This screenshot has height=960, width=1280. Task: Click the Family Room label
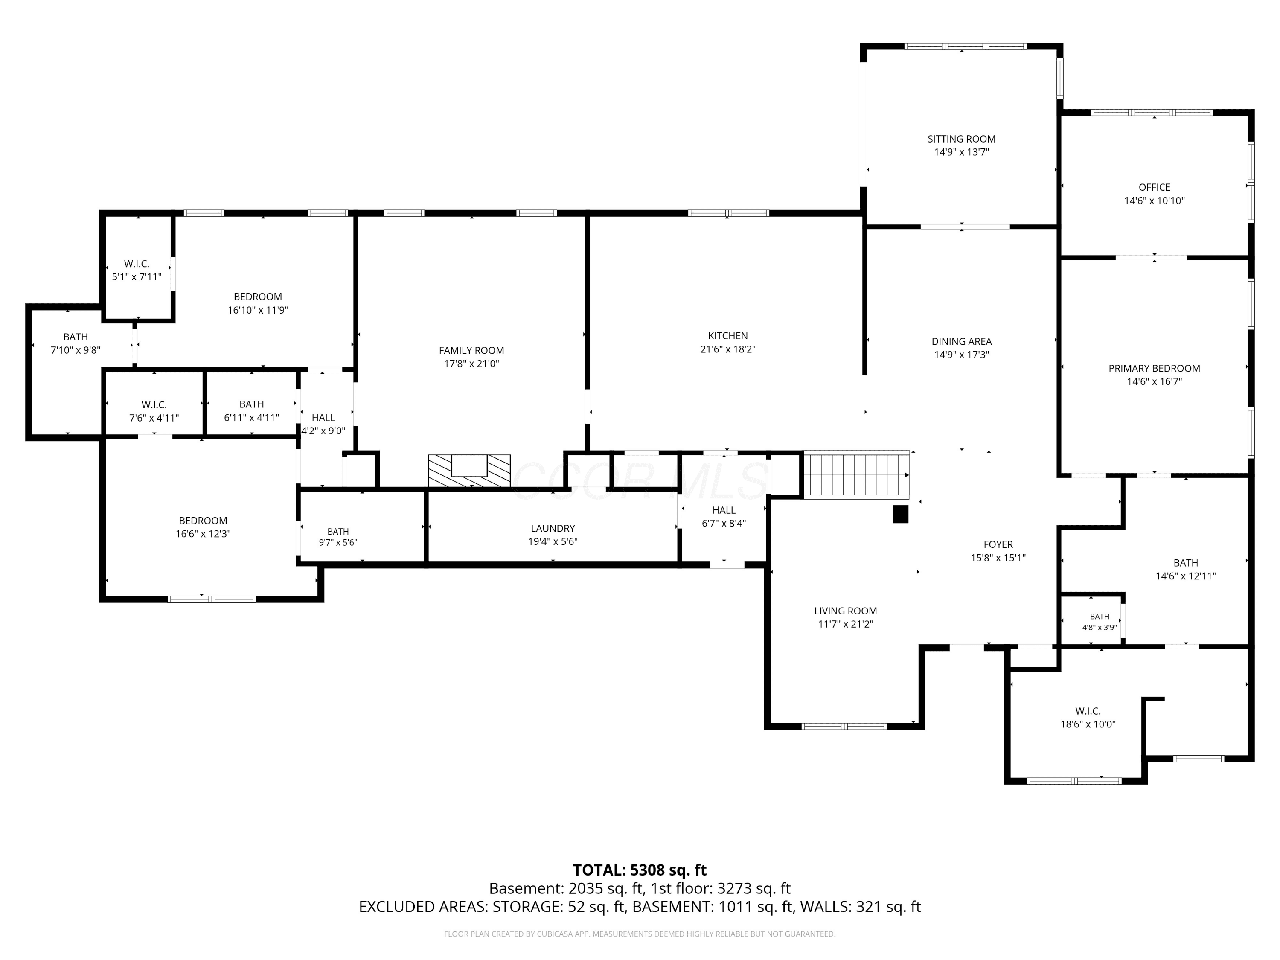[471, 350]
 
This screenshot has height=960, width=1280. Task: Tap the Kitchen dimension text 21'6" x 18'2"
[728, 349]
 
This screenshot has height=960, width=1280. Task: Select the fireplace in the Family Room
[469, 471]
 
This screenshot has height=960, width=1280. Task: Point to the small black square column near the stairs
[900, 515]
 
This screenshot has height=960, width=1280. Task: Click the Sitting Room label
[962, 139]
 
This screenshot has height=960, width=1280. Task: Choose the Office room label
[1155, 187]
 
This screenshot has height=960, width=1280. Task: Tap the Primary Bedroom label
[1155, 368]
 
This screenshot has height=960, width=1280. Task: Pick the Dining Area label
[962, 341]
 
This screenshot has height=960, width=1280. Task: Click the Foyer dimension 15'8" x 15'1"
[998, 558]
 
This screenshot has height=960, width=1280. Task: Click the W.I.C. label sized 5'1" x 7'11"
[137, 264]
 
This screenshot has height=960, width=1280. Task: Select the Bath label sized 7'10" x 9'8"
[75, 337]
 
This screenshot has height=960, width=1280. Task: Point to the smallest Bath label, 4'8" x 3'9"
[1100, 617]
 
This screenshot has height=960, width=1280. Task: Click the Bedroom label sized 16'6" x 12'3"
[203, 521]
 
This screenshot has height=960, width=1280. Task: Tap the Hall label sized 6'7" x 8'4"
[724, 510]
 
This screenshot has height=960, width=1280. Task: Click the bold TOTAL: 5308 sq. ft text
[640, 870]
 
